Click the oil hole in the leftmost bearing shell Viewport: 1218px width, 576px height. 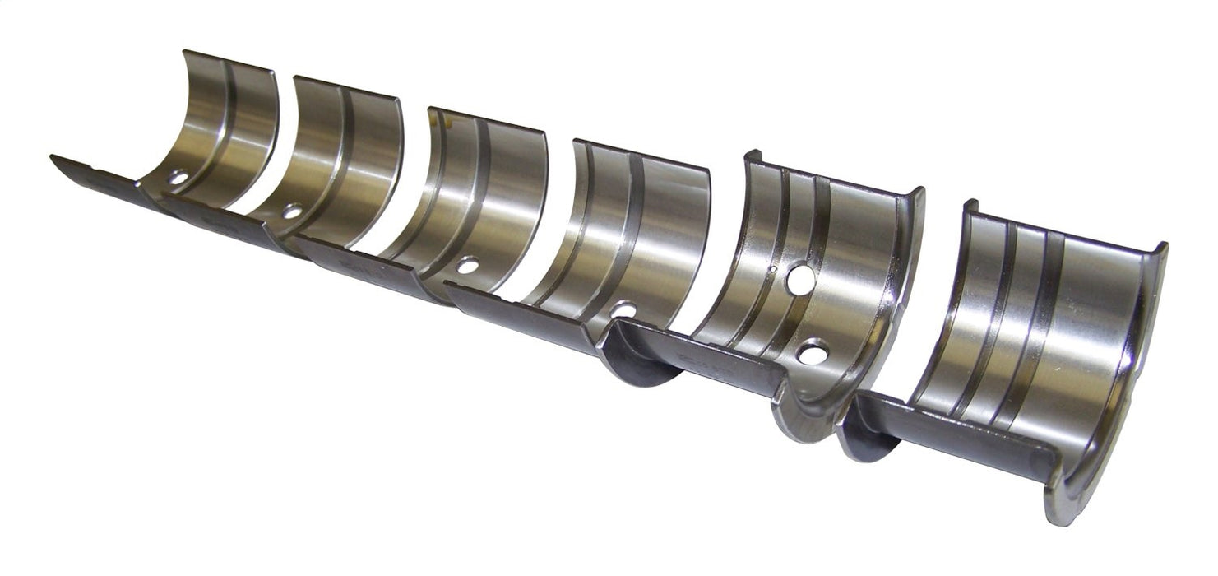tap(178, 176)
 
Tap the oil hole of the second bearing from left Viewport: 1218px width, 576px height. tap(291, 211)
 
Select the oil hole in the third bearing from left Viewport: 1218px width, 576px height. tap(467, 266)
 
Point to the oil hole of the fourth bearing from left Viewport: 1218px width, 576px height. tap(624, 309)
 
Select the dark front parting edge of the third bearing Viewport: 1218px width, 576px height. tap(362, 263)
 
